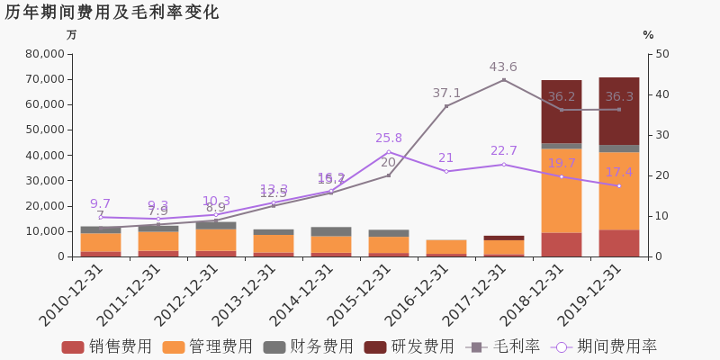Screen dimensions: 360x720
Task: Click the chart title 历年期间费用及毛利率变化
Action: tap(112, 13)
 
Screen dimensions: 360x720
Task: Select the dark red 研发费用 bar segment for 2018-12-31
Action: tap(561, 112)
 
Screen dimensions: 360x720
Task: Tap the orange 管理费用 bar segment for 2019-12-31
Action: tap(618, 191)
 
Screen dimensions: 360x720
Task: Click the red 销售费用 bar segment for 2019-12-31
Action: tap(618, 243)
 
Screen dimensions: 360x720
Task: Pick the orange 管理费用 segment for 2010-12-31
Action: tap(101, 242)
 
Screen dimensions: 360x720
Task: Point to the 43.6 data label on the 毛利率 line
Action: tap(503, 67)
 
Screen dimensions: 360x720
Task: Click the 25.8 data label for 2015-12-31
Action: tap(389, 139)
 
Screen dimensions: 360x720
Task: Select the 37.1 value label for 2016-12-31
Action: tap(446, 94)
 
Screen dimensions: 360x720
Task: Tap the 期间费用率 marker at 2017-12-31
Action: tap(503, 165)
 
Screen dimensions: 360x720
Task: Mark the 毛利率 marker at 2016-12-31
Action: tap(446, 106)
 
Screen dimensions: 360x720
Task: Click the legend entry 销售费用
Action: tap(107, 346)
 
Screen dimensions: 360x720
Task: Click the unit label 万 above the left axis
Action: tap(71, 35)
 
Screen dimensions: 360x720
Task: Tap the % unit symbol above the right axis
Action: tap(648, 35)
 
